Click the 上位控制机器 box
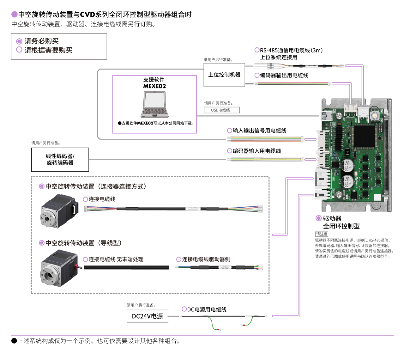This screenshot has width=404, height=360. tap(224, 75)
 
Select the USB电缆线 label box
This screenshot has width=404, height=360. tap(222, 110)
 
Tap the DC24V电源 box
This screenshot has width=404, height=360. tap(147, 316)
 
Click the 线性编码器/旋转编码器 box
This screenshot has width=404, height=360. tap(60, 160)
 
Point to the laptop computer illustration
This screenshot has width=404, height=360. tap(154, 105)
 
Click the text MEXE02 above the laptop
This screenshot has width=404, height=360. tap(154, 86)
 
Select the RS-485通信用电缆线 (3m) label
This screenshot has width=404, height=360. tap(291, 50)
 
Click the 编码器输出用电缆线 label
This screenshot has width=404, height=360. tap(284, 75)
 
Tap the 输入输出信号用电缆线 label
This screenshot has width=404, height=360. tap(259, 131)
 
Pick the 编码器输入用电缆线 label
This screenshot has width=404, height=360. tap(256, 151)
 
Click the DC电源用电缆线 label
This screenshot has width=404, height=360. tap(207, 309)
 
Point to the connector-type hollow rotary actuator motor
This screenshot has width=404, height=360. tap(59, 211)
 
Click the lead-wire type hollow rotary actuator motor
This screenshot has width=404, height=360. tap(59, 268)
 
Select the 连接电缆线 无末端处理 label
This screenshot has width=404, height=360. tap(116, 259)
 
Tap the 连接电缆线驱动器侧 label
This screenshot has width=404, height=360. tap(206, 259)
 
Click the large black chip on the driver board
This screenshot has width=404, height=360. tap(364, 136)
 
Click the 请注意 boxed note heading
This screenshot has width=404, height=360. tap(322, 234)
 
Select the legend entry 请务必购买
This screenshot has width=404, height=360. tap(41, 41)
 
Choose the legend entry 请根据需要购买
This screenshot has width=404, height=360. tap(48, 50)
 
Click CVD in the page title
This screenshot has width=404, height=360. tap(87, 15)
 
